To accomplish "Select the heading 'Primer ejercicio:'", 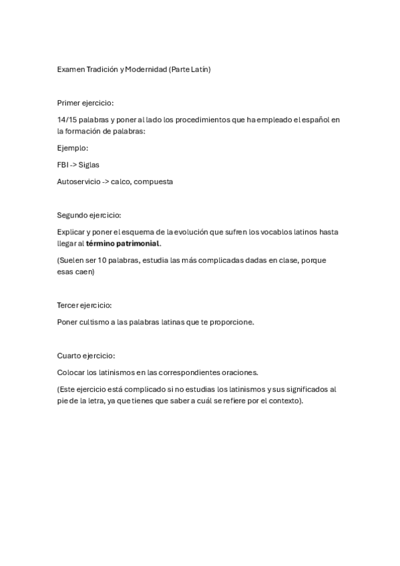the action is click(85, 103).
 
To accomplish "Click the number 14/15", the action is click(67, 119).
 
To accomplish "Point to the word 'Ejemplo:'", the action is click(73, 148).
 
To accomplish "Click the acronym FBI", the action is click(63, 164).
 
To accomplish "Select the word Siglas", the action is click(89, 164).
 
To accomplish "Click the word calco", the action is click(121, 181).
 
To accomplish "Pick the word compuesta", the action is click(153, 181).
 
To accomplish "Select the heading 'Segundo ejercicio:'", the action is click(89, 215).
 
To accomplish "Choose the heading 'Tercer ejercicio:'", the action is click(84, 305).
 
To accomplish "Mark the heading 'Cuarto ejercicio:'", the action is click(86, 356).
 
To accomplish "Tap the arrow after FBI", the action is click(73, 164).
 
